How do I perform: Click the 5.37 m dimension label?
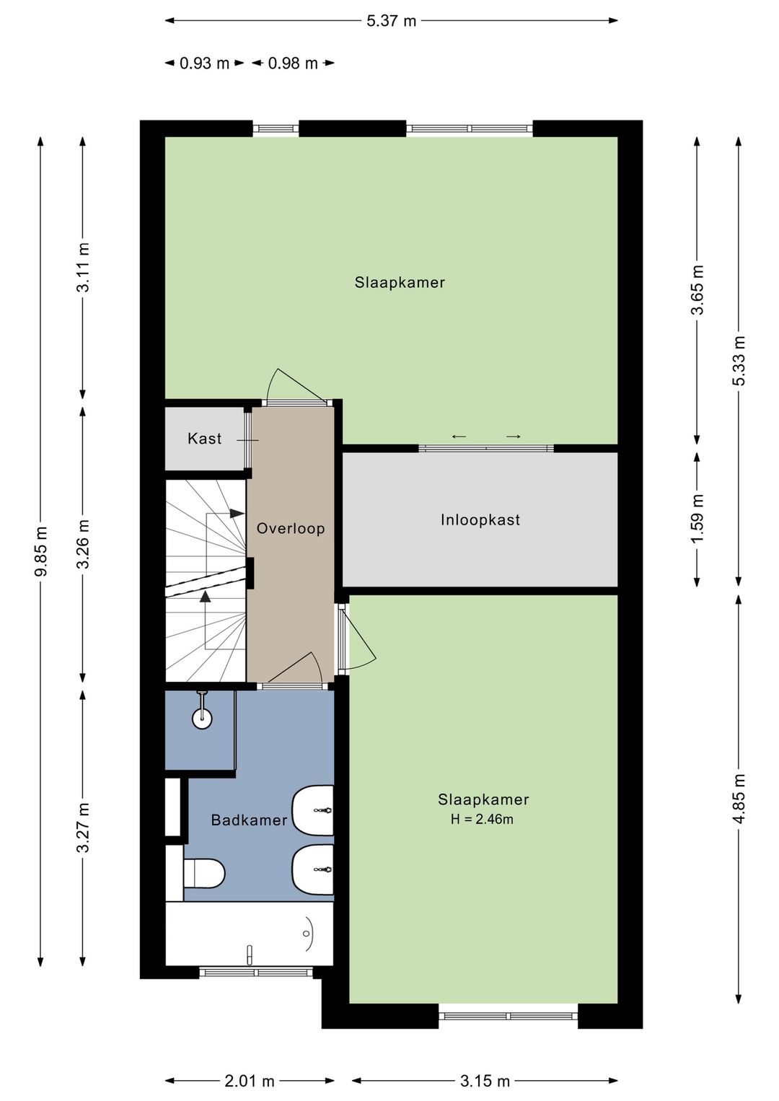pos(391,21)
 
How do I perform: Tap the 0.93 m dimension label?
pos(204,63)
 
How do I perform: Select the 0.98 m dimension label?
pos(293,63)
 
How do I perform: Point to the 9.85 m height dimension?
pos(43,551)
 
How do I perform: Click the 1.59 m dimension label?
pos(698,519)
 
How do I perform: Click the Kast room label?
pos(204,439)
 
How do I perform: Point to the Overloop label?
pos(291,528)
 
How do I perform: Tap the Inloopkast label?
pos(480,519)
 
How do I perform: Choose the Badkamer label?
pos(249,820)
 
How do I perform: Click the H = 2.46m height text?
pos(482,819)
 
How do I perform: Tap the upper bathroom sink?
pos(313,810)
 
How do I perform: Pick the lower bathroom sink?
pos(313,870)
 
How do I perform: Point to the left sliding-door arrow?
pos(459,437)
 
